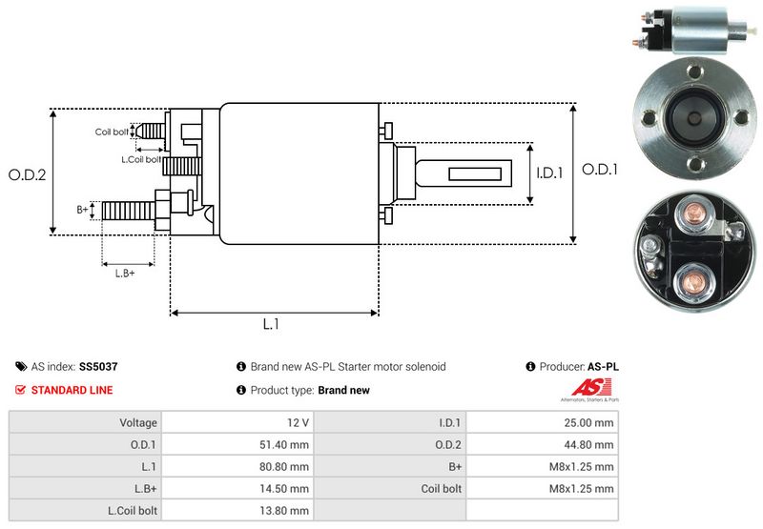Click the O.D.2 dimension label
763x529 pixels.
click(28, 174)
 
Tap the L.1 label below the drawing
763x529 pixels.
click(271, 324)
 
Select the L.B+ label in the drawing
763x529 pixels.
click(125, 274)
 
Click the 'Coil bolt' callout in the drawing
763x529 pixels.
click(111, 132)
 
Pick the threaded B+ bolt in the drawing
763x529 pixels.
click(128, 209)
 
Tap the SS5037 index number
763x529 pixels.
click(99, 366)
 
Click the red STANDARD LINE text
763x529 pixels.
click(72, 390)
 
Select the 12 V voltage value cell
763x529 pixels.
click(296, 422)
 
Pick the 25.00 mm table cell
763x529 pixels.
click(590, 422)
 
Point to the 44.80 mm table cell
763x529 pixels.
click(590, 444)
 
